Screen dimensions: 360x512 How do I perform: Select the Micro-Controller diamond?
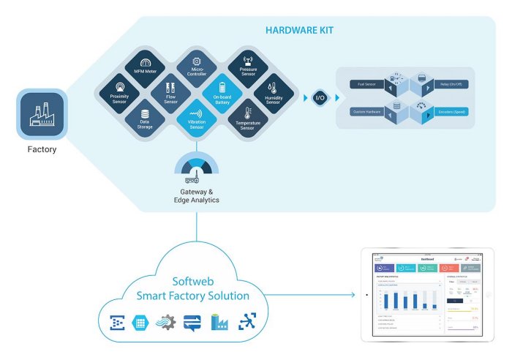196,67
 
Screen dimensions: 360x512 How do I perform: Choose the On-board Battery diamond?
222,91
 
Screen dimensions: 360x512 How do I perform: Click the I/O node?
319,97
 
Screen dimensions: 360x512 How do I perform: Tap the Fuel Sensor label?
358,83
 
